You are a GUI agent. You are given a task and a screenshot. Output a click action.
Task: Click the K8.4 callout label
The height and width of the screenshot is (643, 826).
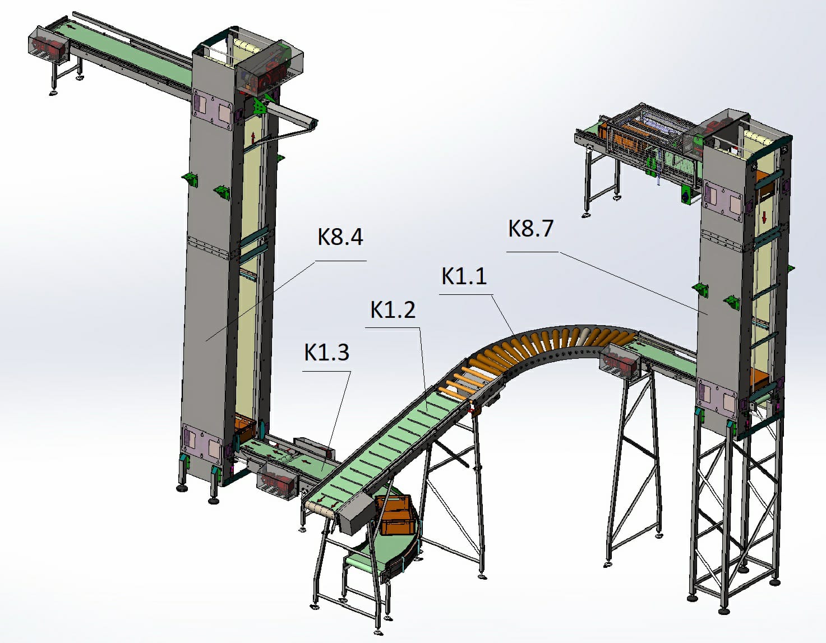tap(340, 237)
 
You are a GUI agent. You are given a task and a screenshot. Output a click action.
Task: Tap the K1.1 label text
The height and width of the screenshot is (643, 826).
tap(464, 276)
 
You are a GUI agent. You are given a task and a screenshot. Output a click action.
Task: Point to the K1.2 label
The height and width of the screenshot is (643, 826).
tap(393, 309)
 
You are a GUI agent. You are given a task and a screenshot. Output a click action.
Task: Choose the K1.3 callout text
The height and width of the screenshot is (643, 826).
tap(326, 352)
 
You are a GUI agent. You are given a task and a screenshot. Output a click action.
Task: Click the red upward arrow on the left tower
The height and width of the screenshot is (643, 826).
tap(253, 137)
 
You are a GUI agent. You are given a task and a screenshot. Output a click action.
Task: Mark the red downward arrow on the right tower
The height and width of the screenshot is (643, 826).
tap(764, 218)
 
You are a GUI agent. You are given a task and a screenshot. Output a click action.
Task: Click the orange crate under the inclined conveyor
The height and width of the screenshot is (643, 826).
tap(395, 515)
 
